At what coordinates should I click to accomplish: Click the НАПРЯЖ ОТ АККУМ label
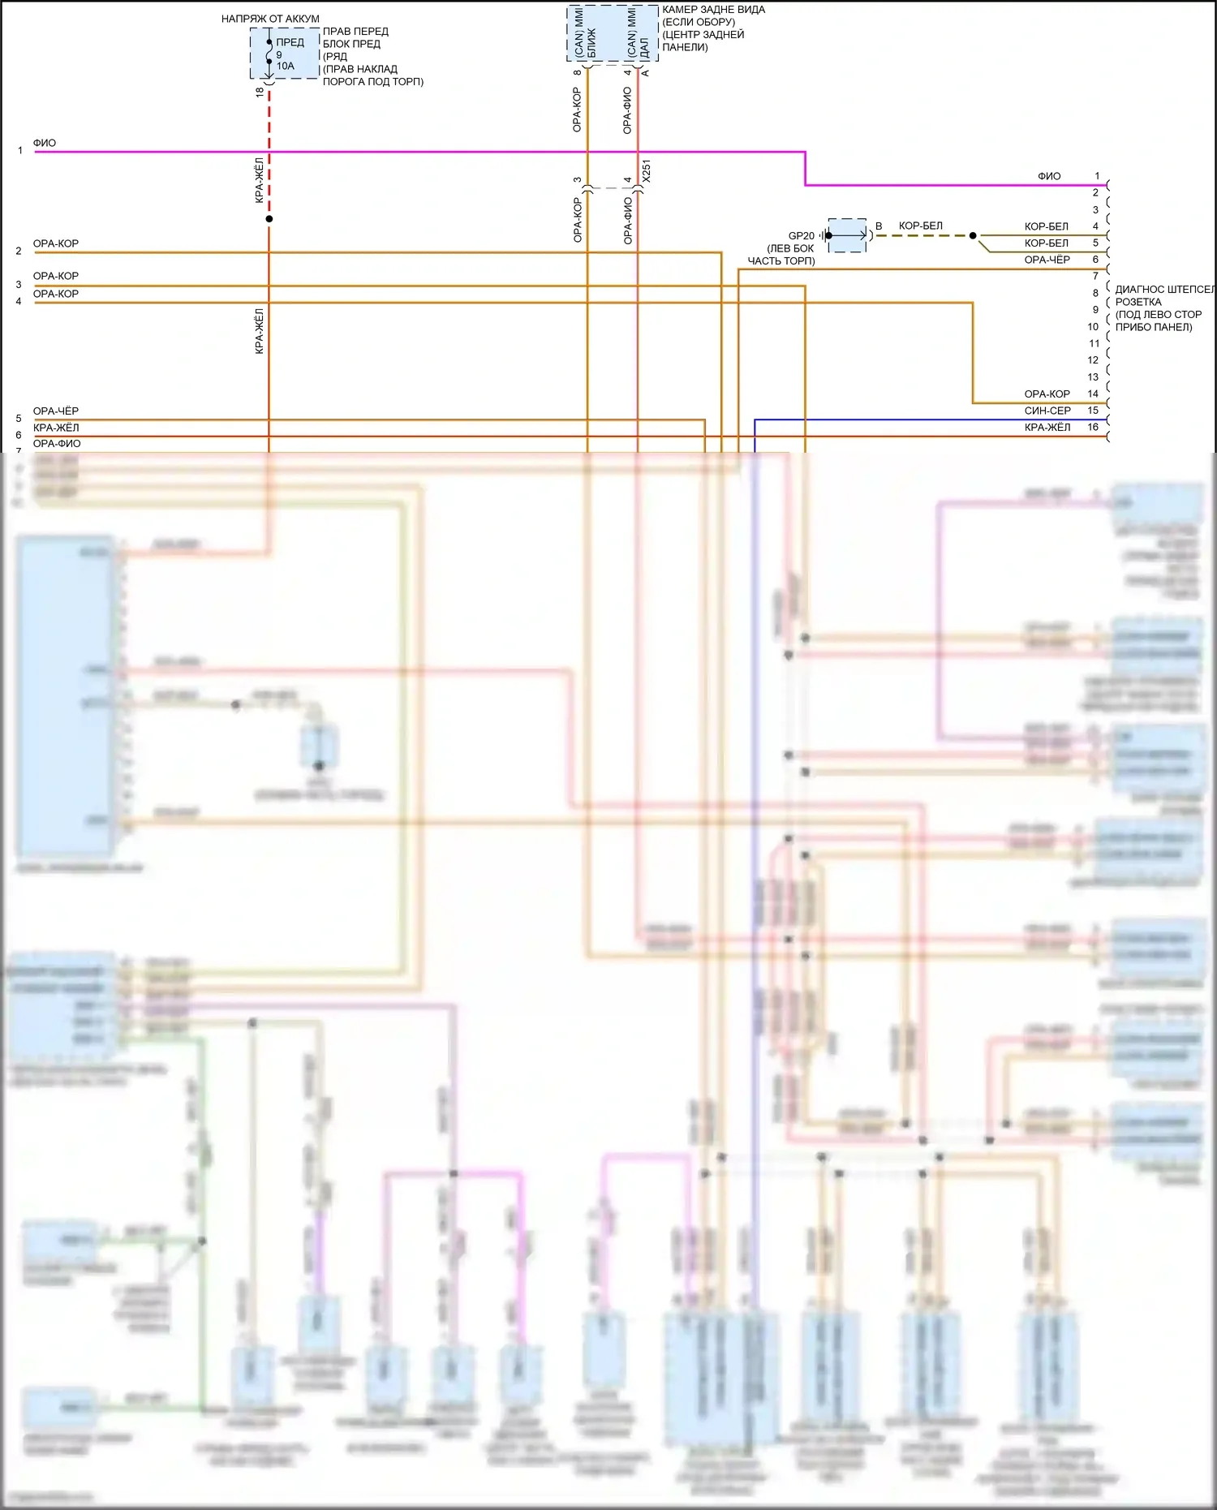point(270,19)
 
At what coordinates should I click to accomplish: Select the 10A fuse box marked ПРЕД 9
point(284,54)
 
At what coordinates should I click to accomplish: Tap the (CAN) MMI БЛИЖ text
point(585,33)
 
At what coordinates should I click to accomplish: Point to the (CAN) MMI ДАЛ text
point(638,33)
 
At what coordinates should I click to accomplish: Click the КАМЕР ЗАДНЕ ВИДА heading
point(713,10)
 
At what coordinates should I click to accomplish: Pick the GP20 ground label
point(801,236)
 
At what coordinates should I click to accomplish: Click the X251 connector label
point(646,171)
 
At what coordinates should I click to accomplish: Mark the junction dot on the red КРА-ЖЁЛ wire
point(269,219)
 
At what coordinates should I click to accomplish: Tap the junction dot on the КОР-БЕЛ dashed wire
point(973,236)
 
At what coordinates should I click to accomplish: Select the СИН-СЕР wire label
point(1047,411)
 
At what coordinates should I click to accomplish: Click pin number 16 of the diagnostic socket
point(1093,428)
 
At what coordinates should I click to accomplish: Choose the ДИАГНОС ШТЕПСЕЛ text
point(1164,290)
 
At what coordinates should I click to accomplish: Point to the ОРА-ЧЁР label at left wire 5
point(56,411)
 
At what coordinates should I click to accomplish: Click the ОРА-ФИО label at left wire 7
point(57,444)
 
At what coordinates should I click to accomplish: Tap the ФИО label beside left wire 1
point(45,143)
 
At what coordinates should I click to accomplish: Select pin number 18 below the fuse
point(260,92)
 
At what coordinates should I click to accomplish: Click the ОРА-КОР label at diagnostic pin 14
point(1047,394)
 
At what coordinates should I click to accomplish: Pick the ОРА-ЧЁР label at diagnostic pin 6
point(1047,260)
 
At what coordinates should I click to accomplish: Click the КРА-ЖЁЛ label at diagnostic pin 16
point(1047,428)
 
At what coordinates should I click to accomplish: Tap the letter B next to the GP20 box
point(879,226)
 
